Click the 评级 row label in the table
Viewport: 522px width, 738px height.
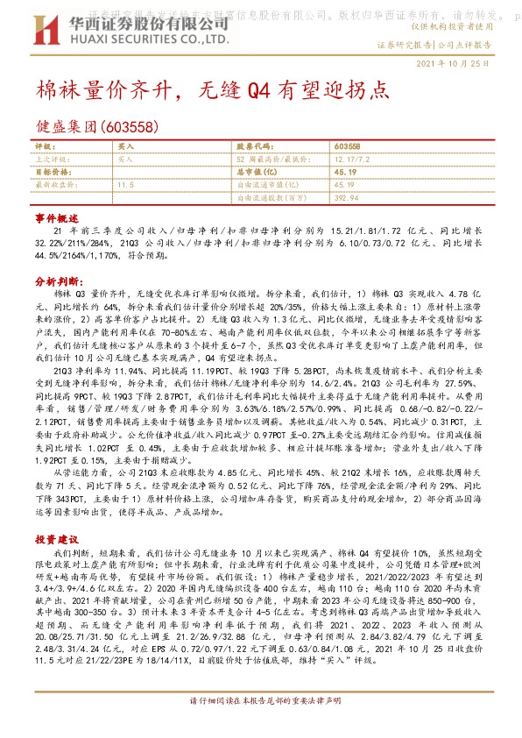click(x=43, y=146)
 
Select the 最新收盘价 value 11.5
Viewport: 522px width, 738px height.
click(x=124, y=185)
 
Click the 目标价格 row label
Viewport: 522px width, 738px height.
click(x=49, y=173)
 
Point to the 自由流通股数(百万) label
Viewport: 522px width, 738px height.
click(x=272, y=198)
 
